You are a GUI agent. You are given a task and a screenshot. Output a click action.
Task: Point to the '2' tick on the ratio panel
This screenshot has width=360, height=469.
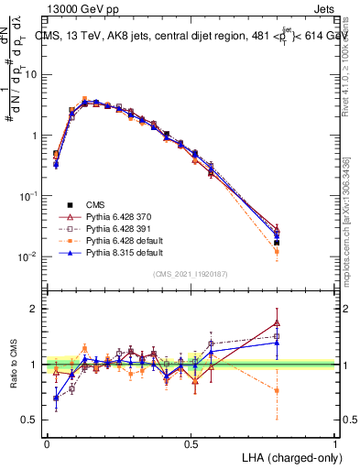tap(35, 309)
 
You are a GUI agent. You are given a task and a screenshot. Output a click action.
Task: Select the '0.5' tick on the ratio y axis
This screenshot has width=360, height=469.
tap(30, 420)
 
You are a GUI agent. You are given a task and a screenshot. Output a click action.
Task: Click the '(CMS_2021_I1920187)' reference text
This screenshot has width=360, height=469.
tap(191, 274)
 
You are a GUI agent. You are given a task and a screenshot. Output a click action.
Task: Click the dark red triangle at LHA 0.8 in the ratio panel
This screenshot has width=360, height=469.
tap(277, 322)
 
